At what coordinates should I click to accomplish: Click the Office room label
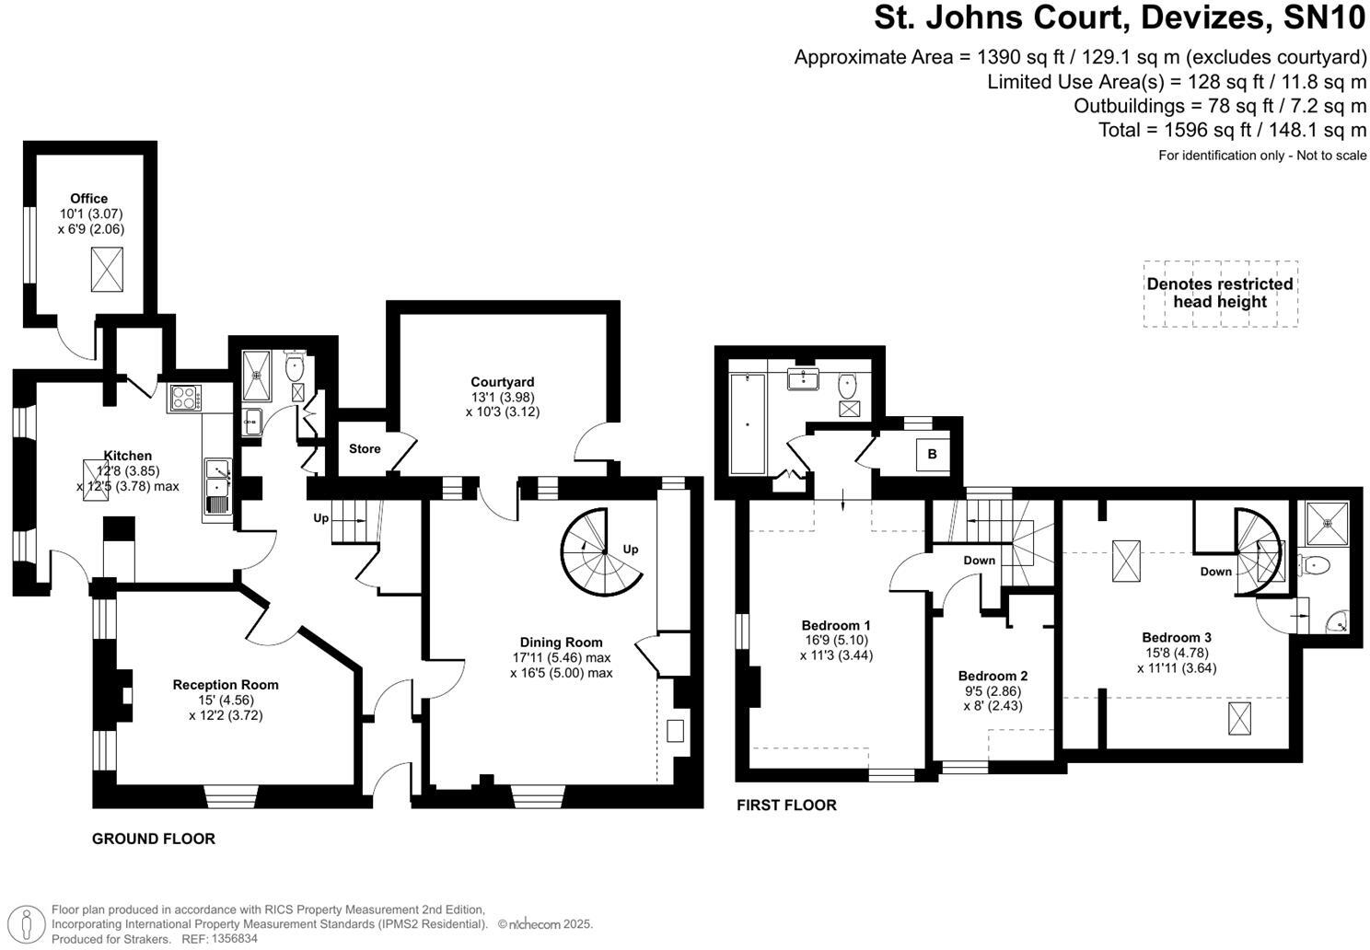tap(89, 198)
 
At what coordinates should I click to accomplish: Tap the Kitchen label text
tap(127, 456)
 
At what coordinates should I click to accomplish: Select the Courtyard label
tap(502, 382)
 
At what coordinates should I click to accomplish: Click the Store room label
tap(365, 449)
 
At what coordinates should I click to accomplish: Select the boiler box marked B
tap(932, 454)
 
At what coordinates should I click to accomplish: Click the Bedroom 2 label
tap(993, 676)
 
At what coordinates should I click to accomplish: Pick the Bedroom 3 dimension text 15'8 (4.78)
tap(1176, 653)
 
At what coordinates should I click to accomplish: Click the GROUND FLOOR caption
tap(153, 839)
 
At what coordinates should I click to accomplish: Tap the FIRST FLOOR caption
tap(786, 805)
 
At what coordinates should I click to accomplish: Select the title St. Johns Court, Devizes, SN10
tap(1120, 17)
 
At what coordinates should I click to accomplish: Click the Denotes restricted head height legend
tap(1219, 293)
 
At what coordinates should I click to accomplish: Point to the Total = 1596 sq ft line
tap(1232, 130)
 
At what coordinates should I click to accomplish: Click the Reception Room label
tap(226, 684)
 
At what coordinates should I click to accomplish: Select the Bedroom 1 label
tap(836, 625)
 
